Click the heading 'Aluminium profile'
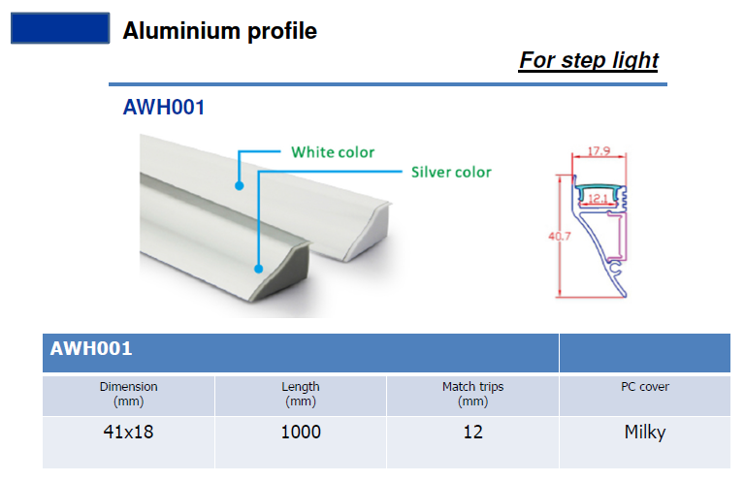click(219, 31)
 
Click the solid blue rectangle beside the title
click(60, 28)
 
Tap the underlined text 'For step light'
click(588, 61)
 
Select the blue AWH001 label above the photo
click(163, 108)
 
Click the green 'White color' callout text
click(333, 152)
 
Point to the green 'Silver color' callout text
click(451, 172)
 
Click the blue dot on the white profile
click(240, 185)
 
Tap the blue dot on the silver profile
click(258, 269)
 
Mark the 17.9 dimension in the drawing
click(599, 151)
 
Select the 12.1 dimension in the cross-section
click(598, 199)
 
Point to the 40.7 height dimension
click(559, 236)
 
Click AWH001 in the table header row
click(91, 348)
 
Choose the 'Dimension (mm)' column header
click(128, 394)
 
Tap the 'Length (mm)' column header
click(301, 394)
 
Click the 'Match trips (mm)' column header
click(472, 394)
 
